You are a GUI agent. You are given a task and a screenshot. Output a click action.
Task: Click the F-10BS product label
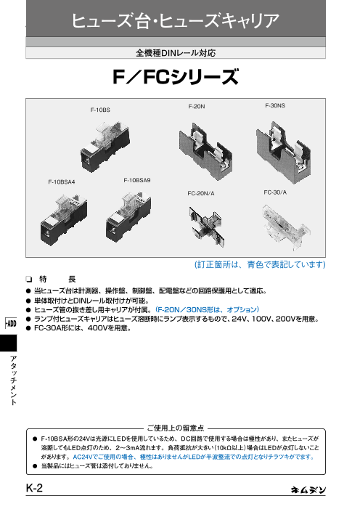100,110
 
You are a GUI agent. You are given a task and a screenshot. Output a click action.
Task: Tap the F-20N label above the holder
197,107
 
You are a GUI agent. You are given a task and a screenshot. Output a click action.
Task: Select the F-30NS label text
275,105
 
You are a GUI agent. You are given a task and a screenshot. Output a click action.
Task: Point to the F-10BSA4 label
62,182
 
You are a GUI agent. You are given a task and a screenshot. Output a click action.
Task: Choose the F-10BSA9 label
137,180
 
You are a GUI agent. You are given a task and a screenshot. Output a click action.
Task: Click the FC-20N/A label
201,193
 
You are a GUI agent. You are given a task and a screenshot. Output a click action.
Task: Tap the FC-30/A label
275,192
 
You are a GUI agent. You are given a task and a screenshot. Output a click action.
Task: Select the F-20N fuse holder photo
205,151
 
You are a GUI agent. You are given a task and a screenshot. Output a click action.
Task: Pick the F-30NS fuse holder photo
283,152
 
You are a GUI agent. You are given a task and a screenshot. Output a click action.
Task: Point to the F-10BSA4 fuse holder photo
64,220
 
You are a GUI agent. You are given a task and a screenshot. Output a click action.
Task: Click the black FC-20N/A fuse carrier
207,226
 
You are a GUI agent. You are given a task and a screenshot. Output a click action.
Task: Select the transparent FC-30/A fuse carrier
286,227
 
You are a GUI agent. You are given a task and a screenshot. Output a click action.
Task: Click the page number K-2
34,488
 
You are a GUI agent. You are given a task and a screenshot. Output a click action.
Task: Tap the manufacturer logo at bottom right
308,490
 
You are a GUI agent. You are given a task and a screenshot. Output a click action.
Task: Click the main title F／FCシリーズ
176,77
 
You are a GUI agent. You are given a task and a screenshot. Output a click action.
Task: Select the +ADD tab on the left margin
11,323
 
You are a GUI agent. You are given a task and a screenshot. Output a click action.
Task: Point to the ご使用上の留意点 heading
176,428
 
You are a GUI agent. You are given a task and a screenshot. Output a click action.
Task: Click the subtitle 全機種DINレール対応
176,53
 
